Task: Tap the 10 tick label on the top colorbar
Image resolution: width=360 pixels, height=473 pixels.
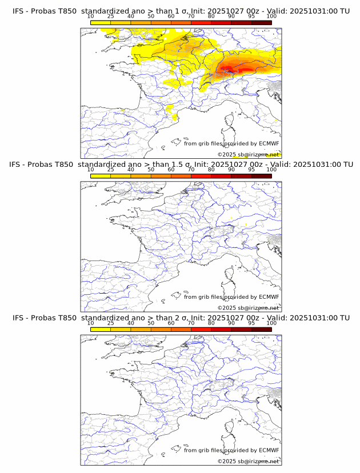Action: click(x=90, y=17)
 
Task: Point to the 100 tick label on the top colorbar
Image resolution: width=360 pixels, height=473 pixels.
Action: click(x=271, y=17)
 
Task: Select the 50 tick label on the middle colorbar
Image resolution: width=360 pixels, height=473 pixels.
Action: click(x=151, y=170)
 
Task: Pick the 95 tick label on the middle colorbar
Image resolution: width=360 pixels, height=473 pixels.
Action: click(x=251, y=170)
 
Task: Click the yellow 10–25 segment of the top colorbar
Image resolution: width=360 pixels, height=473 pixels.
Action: click(x=101, y=23)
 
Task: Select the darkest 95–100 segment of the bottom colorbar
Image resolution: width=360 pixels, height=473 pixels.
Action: click(x=261, y=330)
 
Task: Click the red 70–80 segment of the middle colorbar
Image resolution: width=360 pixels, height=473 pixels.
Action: click(x=201, y=176)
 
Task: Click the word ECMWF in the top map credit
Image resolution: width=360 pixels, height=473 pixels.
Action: click(x=269, y=143)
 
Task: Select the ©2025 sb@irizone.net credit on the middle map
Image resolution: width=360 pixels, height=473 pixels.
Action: click(x=248, y=308)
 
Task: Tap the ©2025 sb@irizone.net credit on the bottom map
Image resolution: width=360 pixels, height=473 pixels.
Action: click(x=248, y=462)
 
